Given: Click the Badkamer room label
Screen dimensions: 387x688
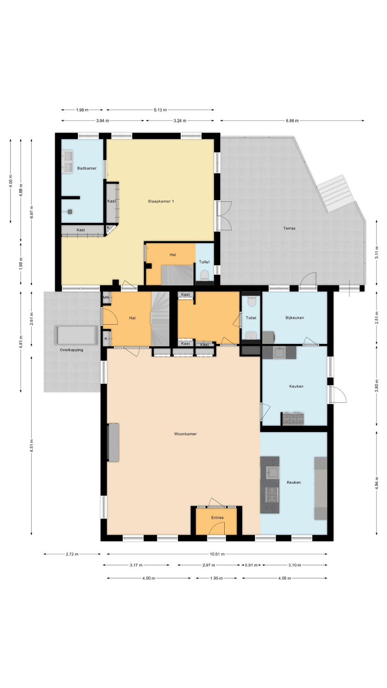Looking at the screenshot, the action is point(87,168).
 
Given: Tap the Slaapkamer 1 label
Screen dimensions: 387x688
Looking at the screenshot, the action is point(161,201).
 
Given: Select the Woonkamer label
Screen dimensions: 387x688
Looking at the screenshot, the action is point(185,434).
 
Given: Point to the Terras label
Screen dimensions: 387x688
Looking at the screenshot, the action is point(289,228).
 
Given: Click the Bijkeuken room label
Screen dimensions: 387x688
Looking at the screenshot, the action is point(294,318).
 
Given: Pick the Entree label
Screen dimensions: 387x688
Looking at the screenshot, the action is point(217,517).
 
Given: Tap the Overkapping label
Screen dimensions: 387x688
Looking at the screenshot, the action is point(71,350).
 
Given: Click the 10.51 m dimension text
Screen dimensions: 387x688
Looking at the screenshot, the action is point(217,555).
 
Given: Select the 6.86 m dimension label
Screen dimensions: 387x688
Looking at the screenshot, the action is point(292,121).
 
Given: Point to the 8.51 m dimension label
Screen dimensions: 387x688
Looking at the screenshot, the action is point(32,446).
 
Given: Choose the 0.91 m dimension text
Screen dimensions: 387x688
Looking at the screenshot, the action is point(251,565).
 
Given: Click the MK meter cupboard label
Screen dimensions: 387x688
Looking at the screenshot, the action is point(106,297).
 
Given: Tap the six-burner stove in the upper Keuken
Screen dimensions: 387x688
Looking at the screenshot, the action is point(293,419).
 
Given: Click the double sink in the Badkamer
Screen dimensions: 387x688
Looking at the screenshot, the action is point(67,162).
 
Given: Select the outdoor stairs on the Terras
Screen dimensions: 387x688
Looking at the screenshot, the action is point(335,194).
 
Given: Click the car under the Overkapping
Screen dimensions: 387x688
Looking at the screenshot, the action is point(76,335).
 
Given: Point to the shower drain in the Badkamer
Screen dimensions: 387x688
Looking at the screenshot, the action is point(70,211).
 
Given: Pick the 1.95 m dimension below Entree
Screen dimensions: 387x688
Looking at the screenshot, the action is point(216,578).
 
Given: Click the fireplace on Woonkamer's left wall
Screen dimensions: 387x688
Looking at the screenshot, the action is point(113,442).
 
